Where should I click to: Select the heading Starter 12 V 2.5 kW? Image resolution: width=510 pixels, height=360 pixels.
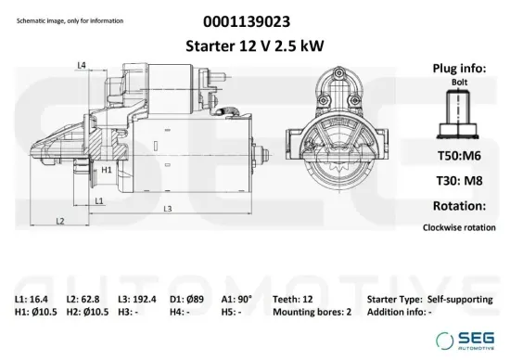(249, 45)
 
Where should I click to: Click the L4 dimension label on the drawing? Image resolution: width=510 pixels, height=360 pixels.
(82, 65)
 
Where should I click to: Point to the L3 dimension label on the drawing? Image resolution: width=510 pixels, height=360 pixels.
(168, 208)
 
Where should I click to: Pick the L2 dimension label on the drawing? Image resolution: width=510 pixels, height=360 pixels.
(59, 221)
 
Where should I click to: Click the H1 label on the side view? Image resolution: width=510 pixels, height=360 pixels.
(107, 171)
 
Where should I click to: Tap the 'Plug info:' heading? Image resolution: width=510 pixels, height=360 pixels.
(458, 68)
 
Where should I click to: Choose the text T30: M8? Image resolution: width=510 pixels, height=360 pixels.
(458, 181)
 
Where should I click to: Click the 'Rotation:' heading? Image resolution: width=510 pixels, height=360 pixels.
(458, 205)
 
